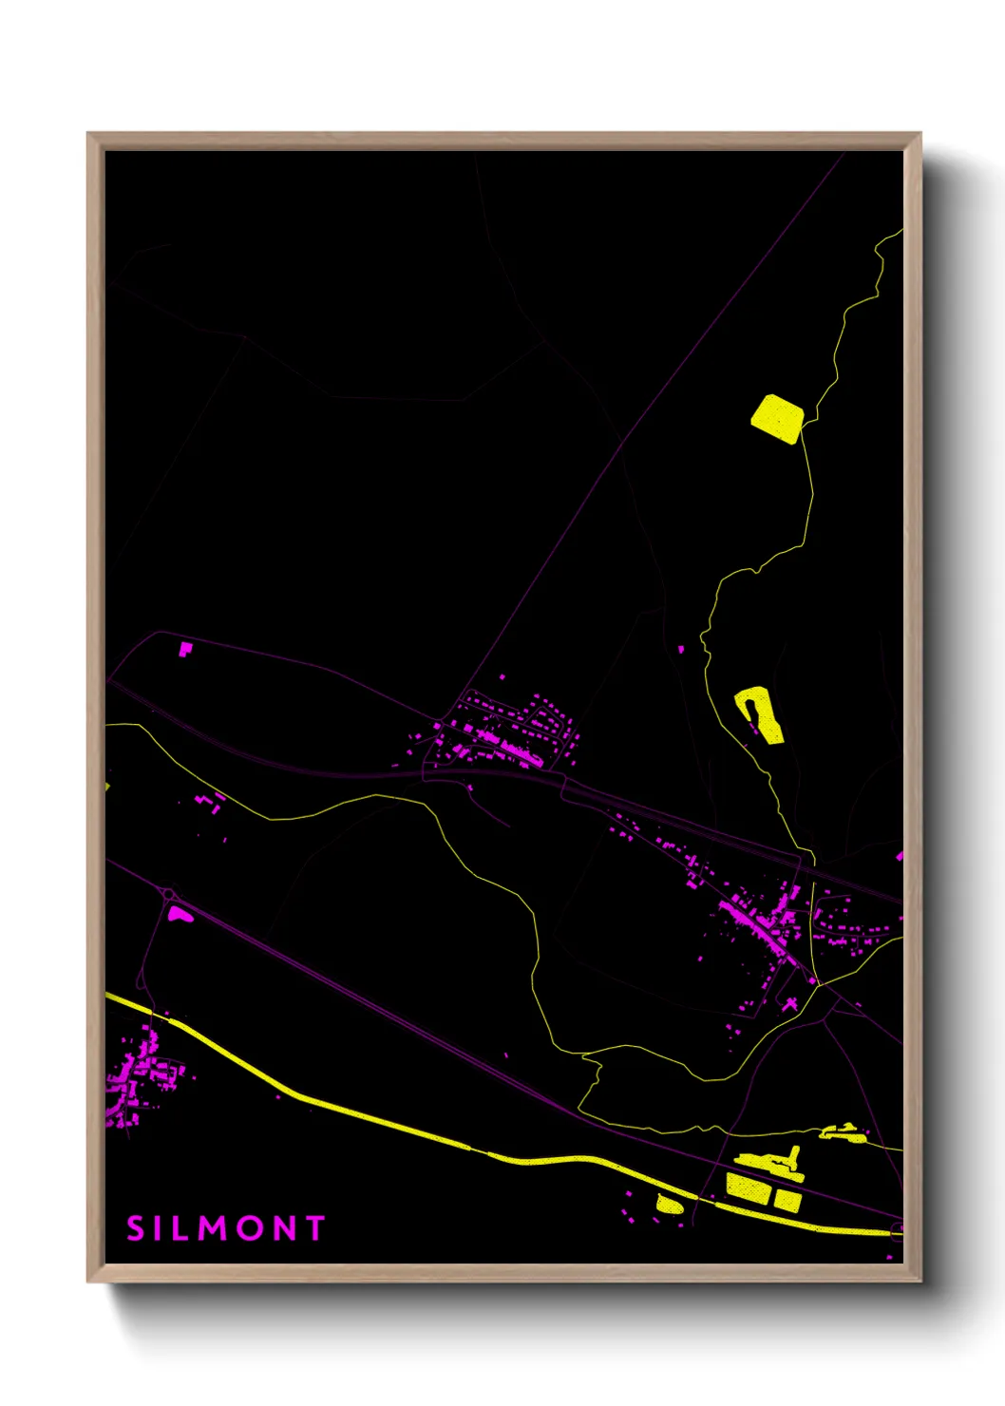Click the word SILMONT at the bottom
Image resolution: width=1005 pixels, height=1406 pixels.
226,1227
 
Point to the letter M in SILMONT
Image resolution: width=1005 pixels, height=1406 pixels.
209,1227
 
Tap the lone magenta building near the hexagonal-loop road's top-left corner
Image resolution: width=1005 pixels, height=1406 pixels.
185,649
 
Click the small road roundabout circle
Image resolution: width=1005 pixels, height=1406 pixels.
169,894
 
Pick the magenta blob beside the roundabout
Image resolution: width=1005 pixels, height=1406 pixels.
179,915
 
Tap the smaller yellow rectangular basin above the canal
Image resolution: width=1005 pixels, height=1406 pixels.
787,1201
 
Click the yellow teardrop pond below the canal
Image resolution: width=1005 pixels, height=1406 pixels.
669,1204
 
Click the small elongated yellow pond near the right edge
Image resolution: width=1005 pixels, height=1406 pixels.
843,1132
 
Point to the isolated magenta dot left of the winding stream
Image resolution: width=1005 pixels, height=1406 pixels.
681,649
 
